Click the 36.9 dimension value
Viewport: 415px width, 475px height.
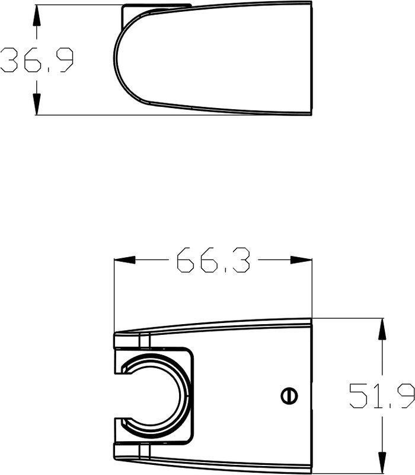(37, 61)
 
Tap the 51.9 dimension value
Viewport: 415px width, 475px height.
(381, 396)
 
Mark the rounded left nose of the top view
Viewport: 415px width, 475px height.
(117, 59)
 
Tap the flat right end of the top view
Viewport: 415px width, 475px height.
(310, 59)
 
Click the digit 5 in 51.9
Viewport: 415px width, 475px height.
(359, 396)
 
